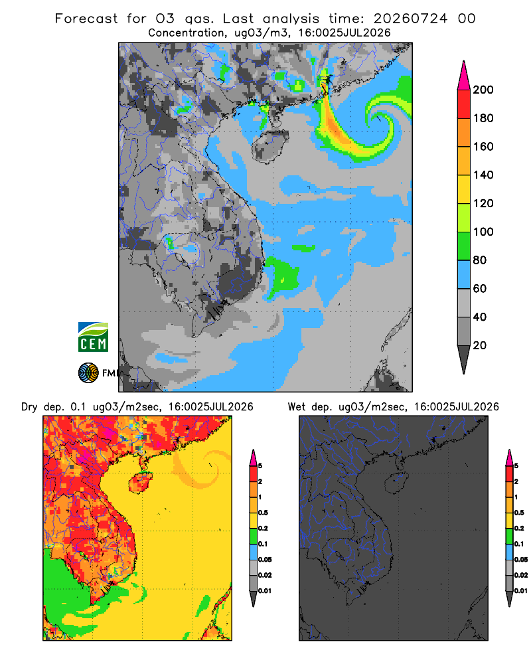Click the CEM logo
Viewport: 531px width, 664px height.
pos(93,337)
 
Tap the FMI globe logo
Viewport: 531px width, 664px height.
pos(88,373)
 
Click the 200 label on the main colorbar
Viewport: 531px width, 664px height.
pos(483,90)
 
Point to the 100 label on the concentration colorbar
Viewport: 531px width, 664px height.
pos(483,232)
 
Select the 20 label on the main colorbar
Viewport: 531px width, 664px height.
pos(480,345)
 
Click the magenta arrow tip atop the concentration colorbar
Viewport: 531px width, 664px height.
pos(464,75)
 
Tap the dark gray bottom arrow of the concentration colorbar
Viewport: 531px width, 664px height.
pos(464,359)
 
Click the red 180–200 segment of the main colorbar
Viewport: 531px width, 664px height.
pos(464,104)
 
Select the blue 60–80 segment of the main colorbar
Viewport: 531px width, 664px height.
pos(464,274)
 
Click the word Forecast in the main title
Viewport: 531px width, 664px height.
pos(86,19)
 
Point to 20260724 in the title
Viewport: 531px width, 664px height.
pos(410,19)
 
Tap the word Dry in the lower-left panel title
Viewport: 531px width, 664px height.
pos(29,407)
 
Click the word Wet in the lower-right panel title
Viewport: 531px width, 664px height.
pos(296,407)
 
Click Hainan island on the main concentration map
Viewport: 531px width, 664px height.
pos(269,146)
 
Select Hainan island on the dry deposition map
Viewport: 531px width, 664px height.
pos(140,483)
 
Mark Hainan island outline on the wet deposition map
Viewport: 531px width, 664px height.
pos(396,483)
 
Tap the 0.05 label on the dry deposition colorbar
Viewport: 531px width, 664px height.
pos(265,559)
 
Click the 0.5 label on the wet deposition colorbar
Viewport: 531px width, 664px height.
pos(518,513)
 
